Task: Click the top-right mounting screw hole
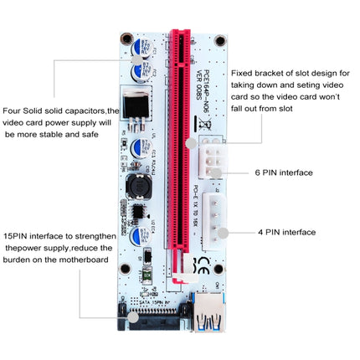(220, 39)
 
